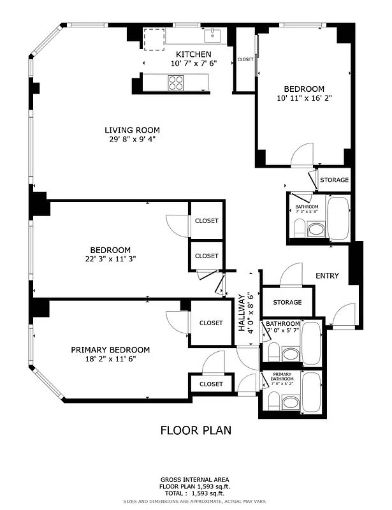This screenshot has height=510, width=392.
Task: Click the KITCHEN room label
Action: click(193, 54)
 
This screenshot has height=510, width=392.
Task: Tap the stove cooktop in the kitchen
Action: click(177, 82)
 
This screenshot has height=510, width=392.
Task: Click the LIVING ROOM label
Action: click(132, 130)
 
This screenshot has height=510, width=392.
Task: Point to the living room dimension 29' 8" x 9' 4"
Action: click(132, 140)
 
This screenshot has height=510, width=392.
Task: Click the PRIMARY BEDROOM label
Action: click(110, 349)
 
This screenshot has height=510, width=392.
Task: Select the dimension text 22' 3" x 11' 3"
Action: click(110, 259)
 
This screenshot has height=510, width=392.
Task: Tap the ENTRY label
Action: click(327, 276)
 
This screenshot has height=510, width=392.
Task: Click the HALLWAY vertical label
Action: click(242, 312)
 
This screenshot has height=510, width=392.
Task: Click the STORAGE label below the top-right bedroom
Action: click(334, 180)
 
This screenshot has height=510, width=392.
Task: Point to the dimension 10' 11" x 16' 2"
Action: click(304, 98)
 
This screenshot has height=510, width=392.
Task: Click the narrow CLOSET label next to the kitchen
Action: click(245, 59)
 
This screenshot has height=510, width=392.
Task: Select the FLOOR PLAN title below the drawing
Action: click(195, 430)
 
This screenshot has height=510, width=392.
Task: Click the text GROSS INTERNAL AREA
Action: click(195, 479)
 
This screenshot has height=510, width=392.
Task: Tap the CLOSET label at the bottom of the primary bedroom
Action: click(210, 384)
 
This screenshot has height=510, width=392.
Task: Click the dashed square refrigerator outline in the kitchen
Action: click(154, 39)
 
